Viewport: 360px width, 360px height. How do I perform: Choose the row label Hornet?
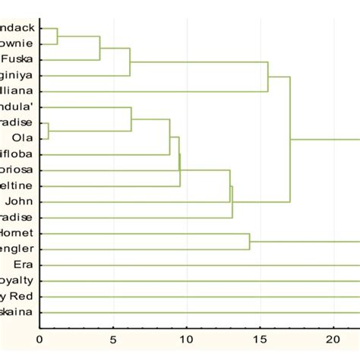coord(15,233)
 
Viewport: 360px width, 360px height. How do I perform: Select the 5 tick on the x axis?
coord(113,340)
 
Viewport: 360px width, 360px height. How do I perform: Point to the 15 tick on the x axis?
coord(261,340)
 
